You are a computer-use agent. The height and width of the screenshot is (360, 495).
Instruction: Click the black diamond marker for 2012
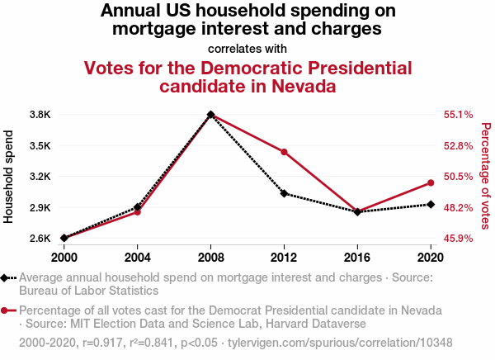[284, 193]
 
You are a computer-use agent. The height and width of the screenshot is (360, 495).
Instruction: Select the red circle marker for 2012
[284, 152]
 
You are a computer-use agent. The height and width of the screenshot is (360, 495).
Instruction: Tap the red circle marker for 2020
[431, 182]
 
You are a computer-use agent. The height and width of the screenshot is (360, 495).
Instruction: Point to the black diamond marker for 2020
[431, 204]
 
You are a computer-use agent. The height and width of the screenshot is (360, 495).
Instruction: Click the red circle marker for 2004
[138, 212]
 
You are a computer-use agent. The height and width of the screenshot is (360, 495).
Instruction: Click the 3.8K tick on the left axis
[39, 114]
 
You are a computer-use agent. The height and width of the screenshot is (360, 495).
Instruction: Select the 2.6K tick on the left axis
[39, 239]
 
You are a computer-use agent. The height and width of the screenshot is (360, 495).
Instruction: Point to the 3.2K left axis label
[39, 177]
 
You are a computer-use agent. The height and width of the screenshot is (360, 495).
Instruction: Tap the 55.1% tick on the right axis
[459, 115]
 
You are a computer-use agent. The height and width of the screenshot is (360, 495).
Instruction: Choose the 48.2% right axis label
[459, 207]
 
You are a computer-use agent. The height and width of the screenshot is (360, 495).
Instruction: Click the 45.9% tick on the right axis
[459, 239]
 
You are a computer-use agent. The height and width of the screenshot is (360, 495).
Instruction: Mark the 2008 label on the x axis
[210, 255]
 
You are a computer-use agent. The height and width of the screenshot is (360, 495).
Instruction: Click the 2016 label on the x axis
[357, 255]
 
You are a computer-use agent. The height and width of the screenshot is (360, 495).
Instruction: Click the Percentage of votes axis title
[485, 176]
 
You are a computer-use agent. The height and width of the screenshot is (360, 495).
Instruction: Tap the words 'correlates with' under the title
[247, 48]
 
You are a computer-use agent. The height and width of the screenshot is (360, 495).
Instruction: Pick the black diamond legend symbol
[8, 278]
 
